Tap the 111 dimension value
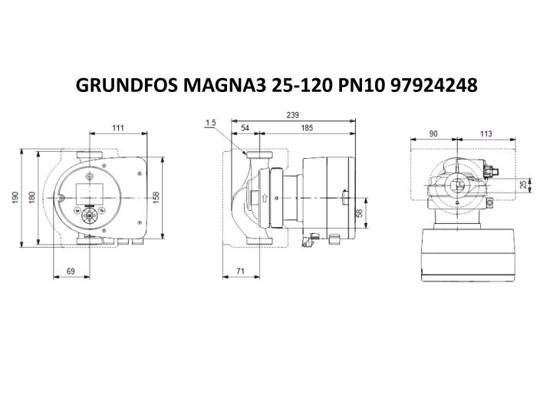click(x=118, y=127)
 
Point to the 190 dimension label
click(x=15, y=197)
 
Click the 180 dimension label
click(x=31, y=197)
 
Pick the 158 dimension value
click(x=156, y=197)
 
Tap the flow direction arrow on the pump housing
click(x=264, y=198)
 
